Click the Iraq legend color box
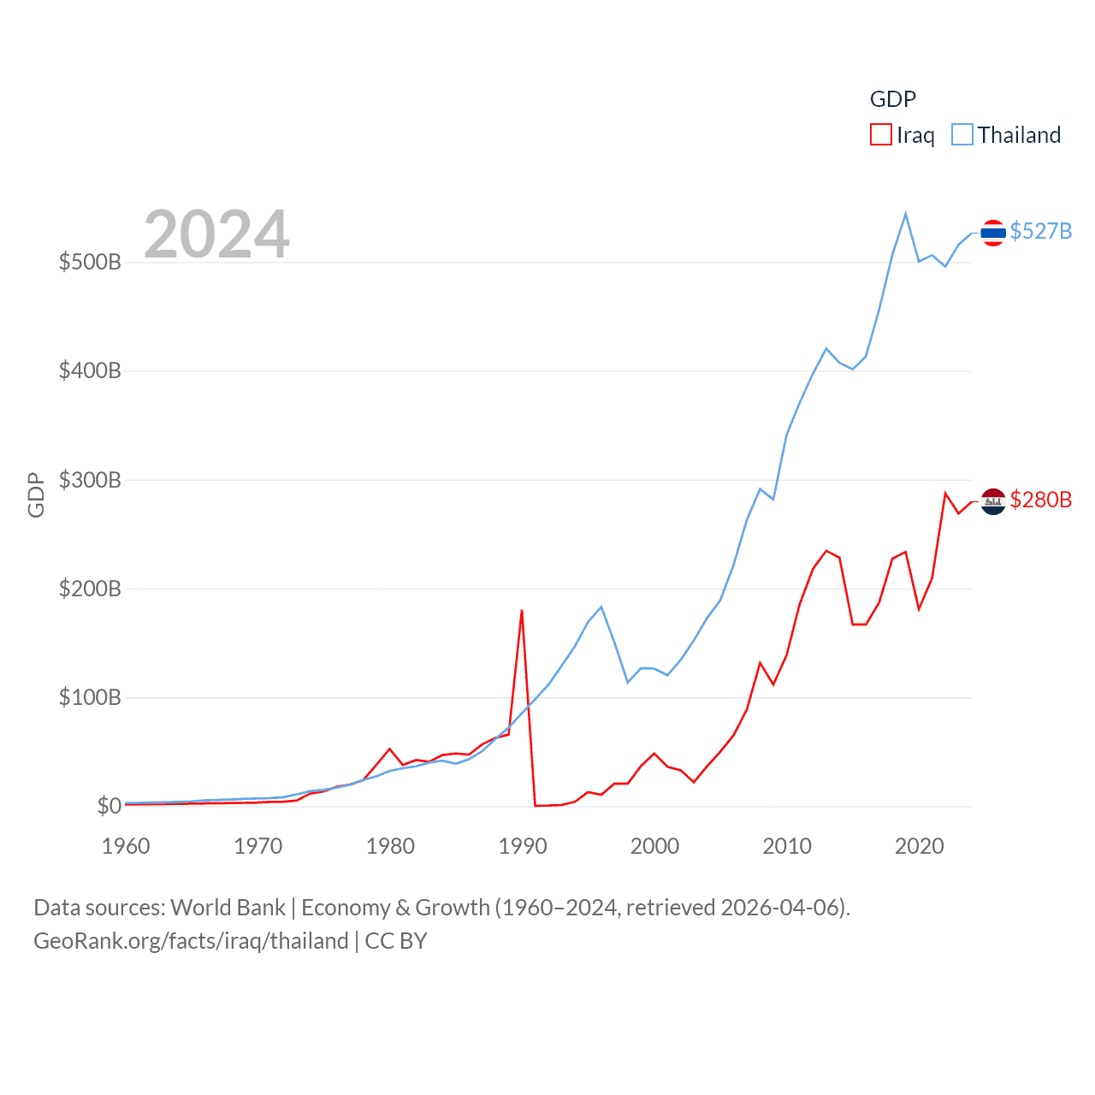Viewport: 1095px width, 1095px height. point(881,135)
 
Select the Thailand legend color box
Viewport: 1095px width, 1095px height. point(962,135)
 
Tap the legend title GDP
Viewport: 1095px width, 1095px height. point(892,99)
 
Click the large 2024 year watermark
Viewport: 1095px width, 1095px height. point(216,234)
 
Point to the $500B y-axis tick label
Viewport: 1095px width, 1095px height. point(90,262)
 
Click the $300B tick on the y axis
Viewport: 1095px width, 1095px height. point(90,480)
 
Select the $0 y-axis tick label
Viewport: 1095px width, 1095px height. point(109,806)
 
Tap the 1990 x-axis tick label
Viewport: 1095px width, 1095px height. point(522,846)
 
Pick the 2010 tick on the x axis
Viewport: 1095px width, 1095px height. point(786,846)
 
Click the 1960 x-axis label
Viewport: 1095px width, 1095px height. point(126,846)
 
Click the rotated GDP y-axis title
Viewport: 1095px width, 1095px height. point(36,494)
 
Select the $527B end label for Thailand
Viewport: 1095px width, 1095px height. point(1040,232)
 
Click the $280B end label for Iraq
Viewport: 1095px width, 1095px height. point(1040,500)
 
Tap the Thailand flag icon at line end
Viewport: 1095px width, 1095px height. point(993,233)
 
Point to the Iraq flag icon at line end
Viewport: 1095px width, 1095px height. point(993,501)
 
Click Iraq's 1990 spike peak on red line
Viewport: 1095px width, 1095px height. point(522,611)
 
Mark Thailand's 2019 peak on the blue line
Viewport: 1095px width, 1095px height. point(905,214)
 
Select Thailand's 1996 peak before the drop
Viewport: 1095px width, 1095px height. point(601,607)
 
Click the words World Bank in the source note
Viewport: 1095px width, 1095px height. point(228,907)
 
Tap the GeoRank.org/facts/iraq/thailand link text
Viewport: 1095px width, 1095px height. point(191,941)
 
